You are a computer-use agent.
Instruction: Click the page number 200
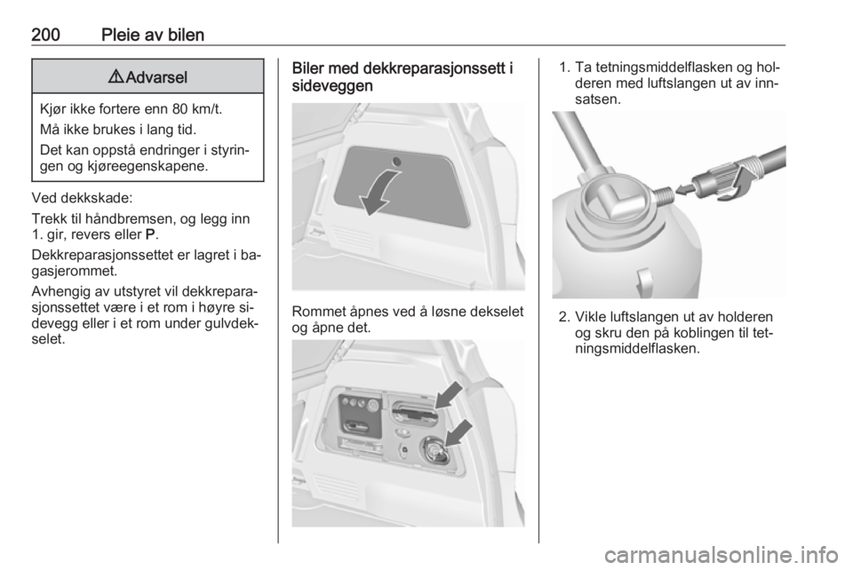coord(45,35)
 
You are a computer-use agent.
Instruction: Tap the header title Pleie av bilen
coord(153,35)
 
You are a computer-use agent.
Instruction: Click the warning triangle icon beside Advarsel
coord(116,76)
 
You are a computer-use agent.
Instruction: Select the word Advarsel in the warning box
coord(156,77)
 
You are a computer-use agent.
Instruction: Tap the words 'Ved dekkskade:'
coord(82,198)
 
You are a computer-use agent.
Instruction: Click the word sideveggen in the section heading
coord(332,86)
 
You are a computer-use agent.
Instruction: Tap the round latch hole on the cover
coord(397,162)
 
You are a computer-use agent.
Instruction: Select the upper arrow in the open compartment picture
coord(450,394)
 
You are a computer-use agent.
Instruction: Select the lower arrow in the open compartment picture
coord(458,433)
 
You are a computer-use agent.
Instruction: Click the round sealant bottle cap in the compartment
coord(434,450)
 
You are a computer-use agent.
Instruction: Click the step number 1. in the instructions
coord(564,67)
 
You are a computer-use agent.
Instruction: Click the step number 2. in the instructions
coord(564,317)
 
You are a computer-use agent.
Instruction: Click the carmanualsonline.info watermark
coord(721,555)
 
